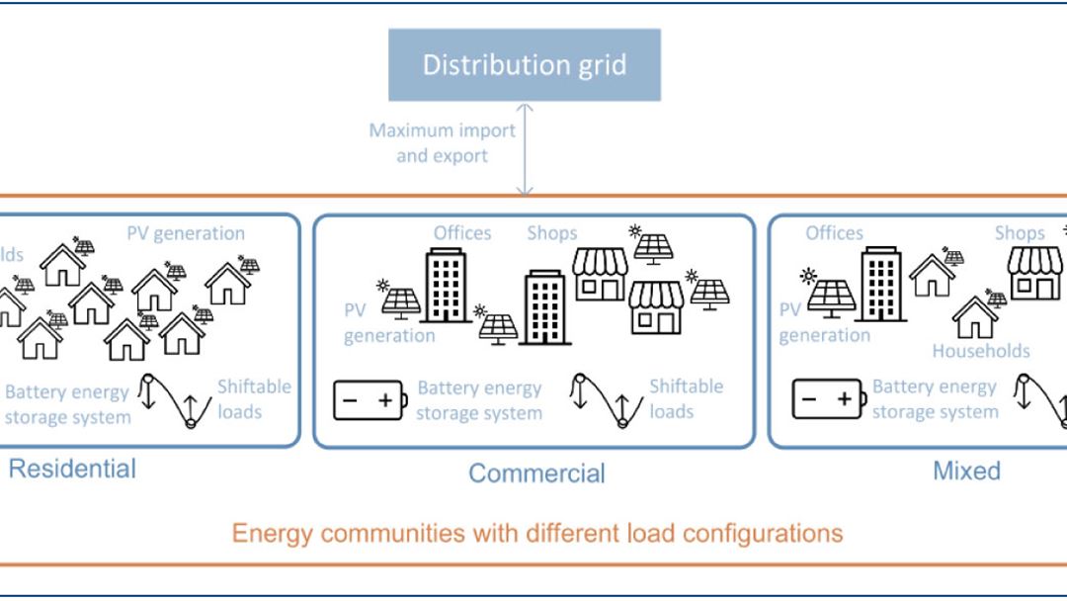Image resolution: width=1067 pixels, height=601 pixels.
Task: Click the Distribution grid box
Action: [x=524, y=65]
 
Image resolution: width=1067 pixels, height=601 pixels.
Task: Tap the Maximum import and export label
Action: [x=442, y=142]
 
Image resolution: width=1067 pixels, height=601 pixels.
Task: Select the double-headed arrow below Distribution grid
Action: [x=525, y=148]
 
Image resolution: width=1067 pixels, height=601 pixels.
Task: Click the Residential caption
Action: [x=72, y=468]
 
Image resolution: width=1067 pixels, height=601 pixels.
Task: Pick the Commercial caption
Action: [x=536, y=472]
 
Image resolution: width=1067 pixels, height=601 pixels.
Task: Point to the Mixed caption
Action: [x=966, y=471]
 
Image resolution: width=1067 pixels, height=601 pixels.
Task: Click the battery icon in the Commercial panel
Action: [x=369, y=399]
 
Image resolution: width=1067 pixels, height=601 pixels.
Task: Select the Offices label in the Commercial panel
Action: [x=461, y=233]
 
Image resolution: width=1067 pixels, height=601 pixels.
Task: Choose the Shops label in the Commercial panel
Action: [x=551, y=233]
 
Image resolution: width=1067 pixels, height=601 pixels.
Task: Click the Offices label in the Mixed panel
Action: [x=834, y=233]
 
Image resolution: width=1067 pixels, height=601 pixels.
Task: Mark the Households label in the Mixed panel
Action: [x=981, y=351]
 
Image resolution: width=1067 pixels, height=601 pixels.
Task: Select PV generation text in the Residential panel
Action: [x=186, y=233]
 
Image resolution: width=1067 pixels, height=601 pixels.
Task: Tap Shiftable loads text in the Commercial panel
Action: [x=686, y=397]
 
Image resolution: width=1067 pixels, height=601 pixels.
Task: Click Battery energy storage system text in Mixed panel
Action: [x=935, y=399]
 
